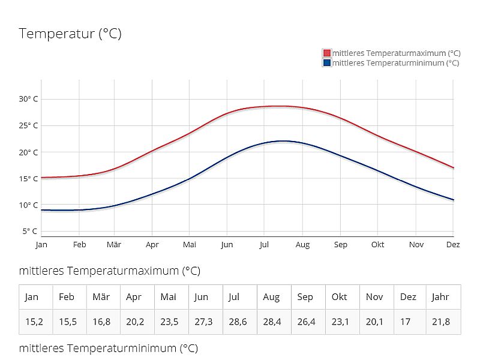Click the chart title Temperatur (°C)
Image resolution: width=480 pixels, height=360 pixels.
(70, 34)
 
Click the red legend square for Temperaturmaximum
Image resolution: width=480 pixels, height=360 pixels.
(327, 53)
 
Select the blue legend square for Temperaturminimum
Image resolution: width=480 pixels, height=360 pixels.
(327, 62)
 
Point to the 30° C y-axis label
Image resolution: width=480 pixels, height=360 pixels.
(28, 99)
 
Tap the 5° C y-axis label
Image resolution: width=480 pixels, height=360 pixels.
(30, 231)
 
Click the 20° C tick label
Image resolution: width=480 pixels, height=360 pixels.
(28, 152)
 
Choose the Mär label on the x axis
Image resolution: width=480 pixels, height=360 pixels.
(114, 245)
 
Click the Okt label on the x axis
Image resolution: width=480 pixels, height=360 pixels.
(377, 245)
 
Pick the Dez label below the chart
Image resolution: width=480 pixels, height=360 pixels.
(453, 245)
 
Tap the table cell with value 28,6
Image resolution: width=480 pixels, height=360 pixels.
(238, 322)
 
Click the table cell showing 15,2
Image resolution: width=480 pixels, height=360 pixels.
(34, 322)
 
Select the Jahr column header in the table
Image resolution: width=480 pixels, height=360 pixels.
(441, 297)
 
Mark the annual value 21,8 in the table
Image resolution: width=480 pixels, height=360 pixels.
(442, 322)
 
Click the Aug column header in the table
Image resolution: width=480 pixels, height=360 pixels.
(271, 297)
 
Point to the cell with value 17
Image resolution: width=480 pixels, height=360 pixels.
(406, 322)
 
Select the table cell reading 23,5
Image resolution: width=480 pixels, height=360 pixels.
(170, 322)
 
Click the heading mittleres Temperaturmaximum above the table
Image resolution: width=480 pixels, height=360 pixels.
(109, 271)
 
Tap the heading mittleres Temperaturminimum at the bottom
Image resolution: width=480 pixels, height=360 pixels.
(108, 348)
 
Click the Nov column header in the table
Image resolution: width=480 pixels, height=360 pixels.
(374, 297)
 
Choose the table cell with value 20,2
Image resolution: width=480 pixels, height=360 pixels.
(136, 322)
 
